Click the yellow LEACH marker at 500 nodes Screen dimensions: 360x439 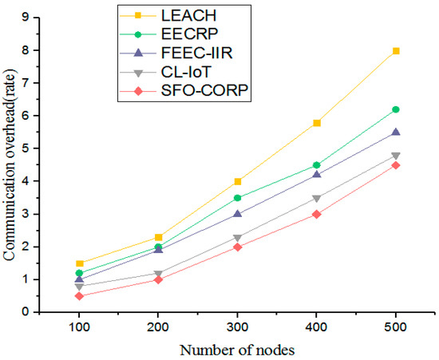click(x=395, y=51)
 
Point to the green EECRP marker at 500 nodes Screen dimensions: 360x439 click(x=395, y=109)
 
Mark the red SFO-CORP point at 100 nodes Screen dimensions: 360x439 click(x=81, y=296)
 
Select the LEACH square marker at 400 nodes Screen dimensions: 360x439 click(x=317, y=123)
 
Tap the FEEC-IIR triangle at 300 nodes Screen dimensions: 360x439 click(x=238, y=214)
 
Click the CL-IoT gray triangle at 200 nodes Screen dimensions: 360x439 click(x=160, y=274)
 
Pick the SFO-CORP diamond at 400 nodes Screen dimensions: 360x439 click(x=317, y=214)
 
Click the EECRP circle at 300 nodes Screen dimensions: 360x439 click(x=238, y=198)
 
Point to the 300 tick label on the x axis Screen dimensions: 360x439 click(x=238, y=327)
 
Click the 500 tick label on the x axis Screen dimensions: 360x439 click(x=395, y=327)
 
